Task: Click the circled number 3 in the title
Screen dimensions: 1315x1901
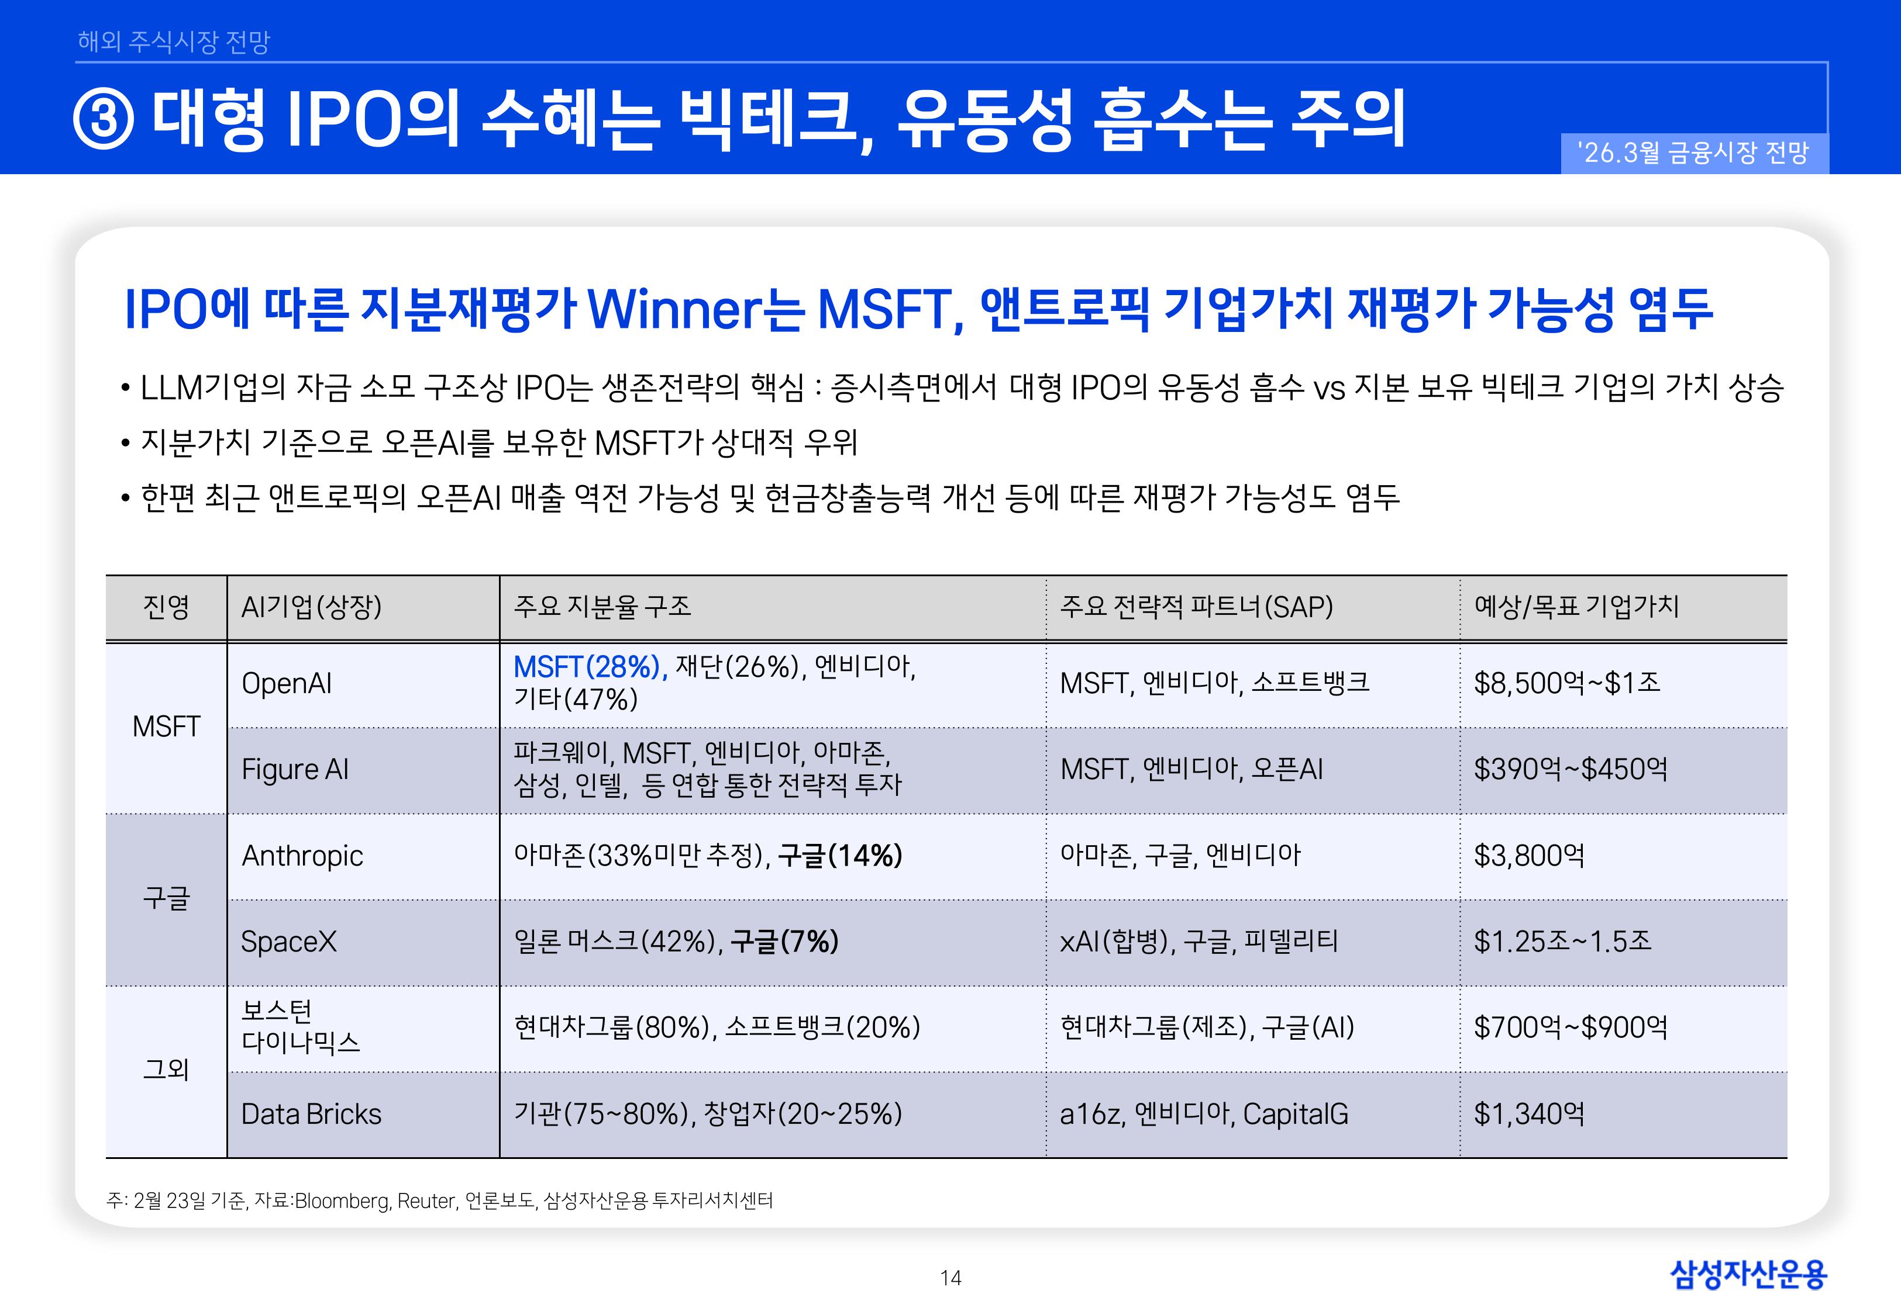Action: [104, 119]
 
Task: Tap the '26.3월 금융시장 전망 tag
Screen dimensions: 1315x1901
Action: [1693, 153]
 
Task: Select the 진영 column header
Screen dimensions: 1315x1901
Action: [167, 607]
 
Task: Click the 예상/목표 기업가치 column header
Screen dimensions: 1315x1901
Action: [1576, 607]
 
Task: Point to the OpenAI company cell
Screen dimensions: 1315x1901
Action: [287, 684]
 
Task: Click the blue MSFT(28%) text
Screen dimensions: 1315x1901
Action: [590, 667]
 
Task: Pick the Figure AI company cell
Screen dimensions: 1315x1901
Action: [295, 770]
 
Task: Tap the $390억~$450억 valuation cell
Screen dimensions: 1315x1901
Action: [1571, 770]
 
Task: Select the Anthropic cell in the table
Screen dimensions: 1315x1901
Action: [302, 856]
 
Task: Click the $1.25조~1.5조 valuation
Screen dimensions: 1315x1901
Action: [1562, 942]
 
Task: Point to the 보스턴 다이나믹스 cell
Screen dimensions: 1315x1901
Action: [301, 1027]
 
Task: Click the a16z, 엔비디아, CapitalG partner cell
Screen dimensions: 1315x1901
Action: [1204, 1115]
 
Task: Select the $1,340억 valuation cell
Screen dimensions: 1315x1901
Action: [1529, 1115]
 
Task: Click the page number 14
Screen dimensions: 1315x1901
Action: [950, 1278]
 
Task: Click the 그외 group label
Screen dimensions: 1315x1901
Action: [167, 1070]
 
